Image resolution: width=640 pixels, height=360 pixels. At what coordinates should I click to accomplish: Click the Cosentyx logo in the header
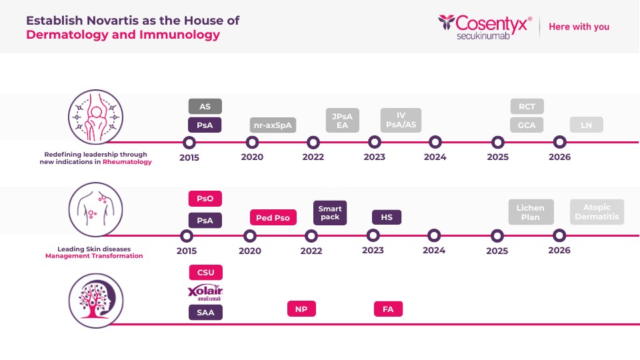pos(485,27)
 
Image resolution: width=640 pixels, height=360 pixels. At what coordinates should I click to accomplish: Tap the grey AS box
pos(205,106)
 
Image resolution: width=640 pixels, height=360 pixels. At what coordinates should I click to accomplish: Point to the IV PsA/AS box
pos(401,120)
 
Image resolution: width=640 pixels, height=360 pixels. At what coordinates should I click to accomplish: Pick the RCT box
pos(527,106)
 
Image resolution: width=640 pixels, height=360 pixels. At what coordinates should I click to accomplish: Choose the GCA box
pos(527,125)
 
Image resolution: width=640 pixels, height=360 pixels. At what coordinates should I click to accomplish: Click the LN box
pos(587,125)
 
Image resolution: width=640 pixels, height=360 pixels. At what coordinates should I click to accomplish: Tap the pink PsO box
pos(205,199)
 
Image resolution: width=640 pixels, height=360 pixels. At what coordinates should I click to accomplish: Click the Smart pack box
pos(330,213)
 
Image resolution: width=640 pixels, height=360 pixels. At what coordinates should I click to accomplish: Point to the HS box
pos(387,217)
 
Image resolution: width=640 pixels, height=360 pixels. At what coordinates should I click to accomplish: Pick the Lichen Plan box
pos(531,212)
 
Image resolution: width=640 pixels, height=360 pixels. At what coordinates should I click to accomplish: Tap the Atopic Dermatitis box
pos(597,212)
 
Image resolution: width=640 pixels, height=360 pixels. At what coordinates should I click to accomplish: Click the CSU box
pos(205,272)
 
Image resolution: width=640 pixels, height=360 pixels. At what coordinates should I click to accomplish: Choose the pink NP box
pos(301,309)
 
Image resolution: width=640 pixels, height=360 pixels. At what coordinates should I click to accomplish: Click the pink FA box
pos(389,309)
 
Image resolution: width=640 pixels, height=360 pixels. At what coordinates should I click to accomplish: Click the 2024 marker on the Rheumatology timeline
pos(435,142)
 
